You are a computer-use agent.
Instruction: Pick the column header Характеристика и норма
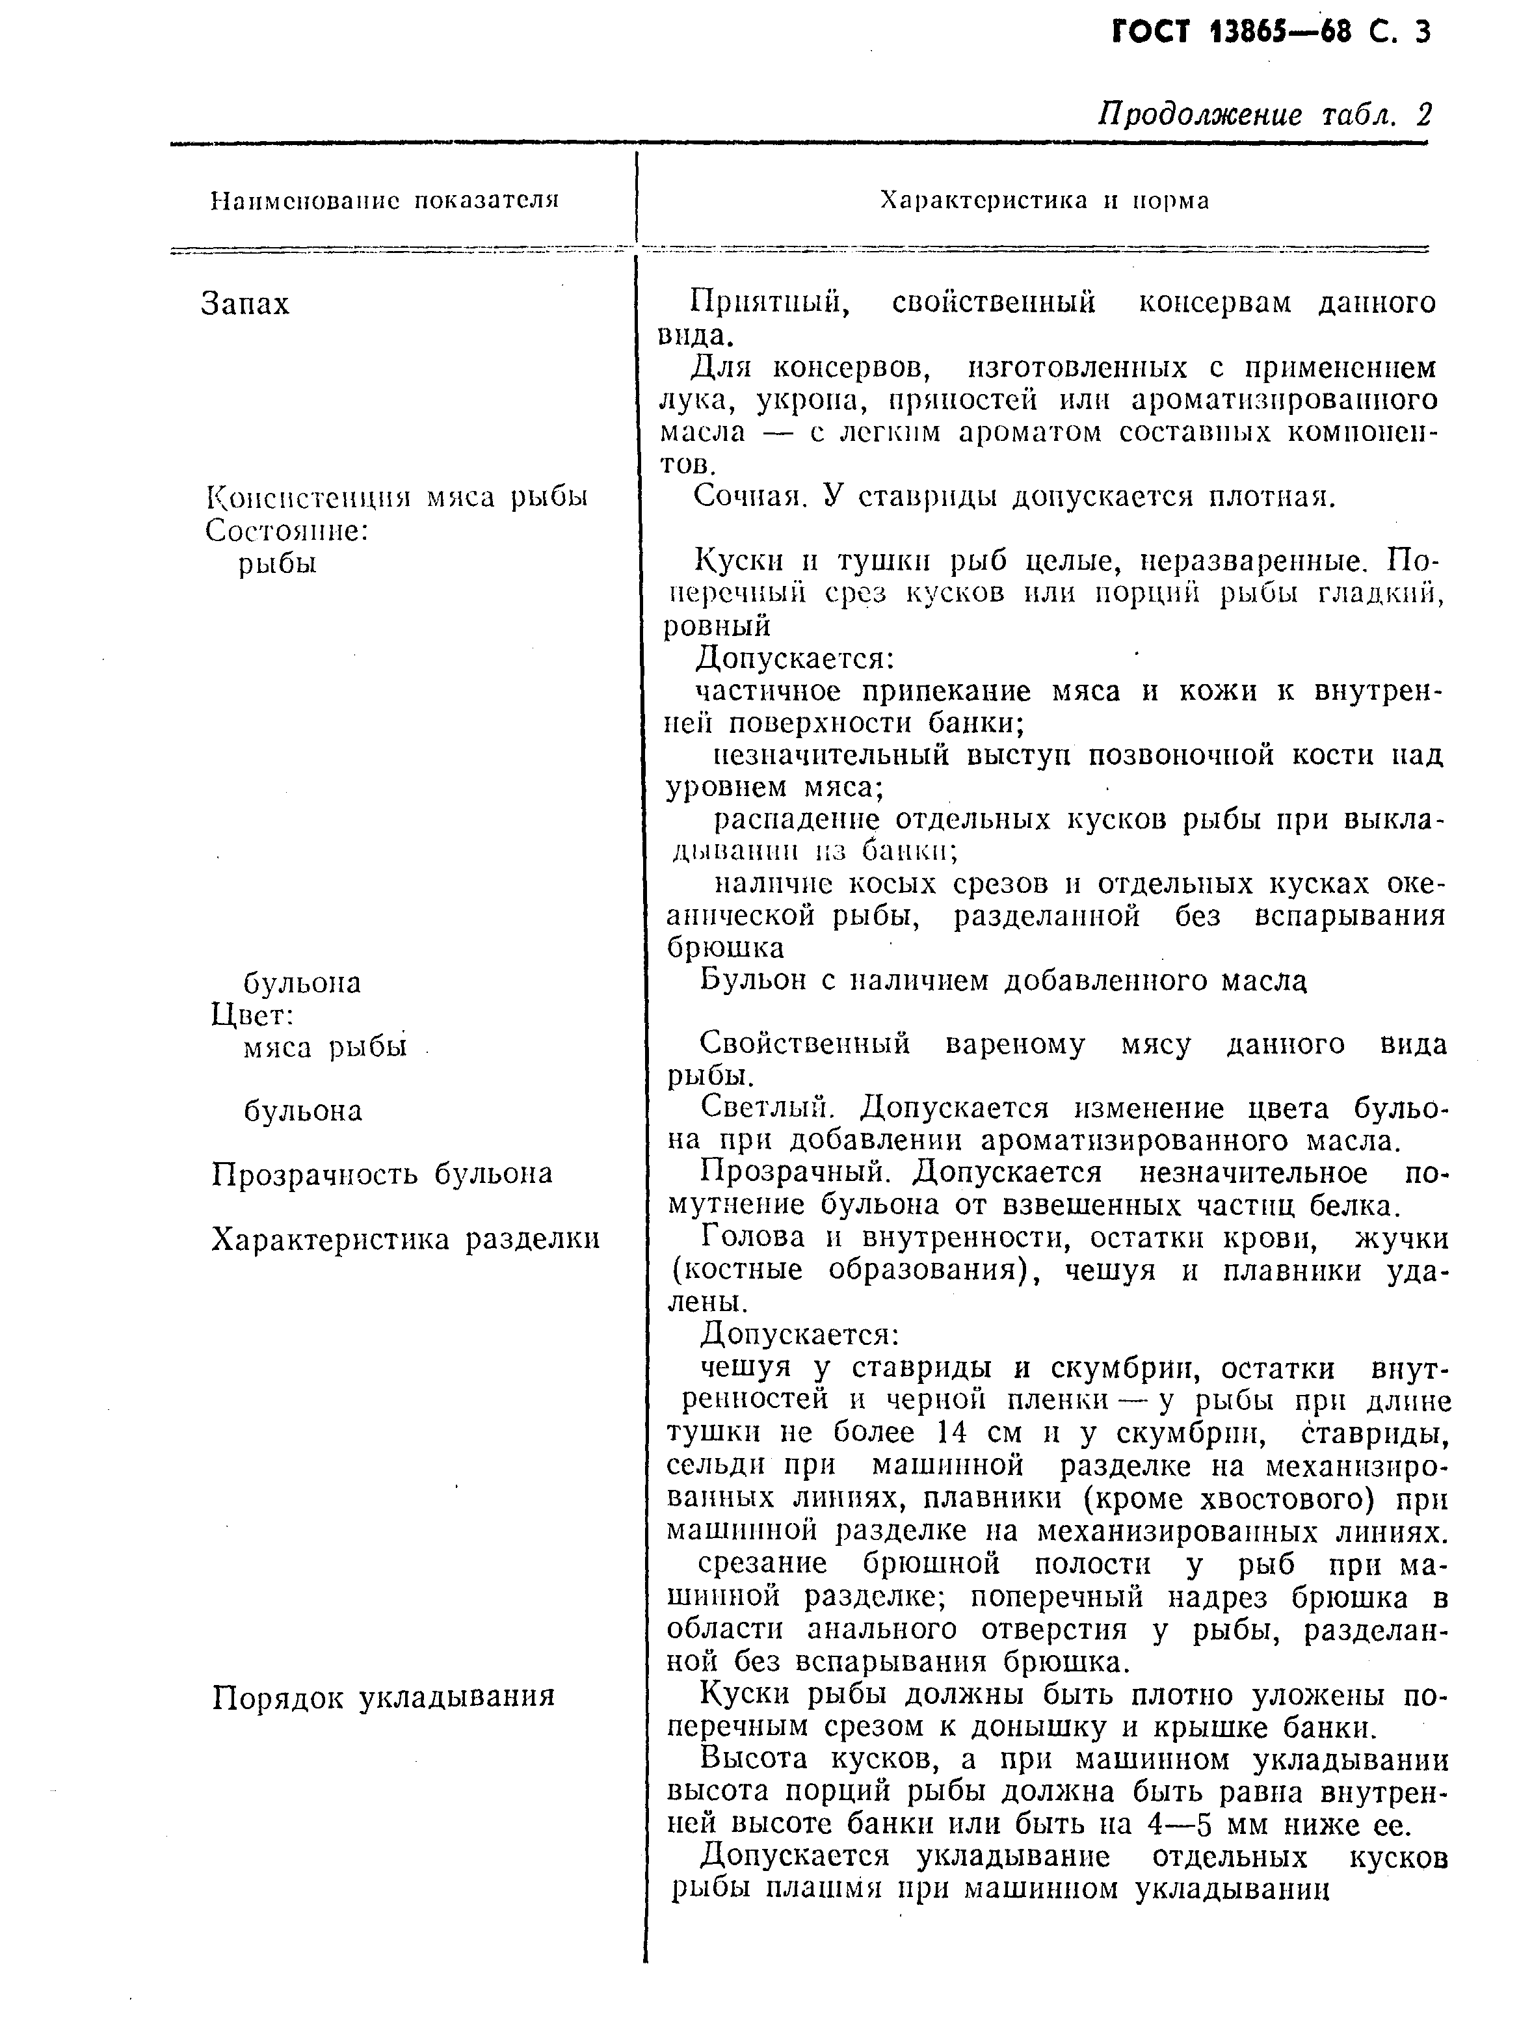coord(1044,200)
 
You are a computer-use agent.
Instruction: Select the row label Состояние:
coord(285,530)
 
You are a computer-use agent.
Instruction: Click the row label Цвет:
coord(252,1014)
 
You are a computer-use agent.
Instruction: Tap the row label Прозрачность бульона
coord(382,1173)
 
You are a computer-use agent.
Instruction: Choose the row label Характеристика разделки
coord(404,1239)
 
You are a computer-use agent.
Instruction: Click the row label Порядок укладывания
coord(383,1696)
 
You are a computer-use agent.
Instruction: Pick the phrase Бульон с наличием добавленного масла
coord(1002,981)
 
